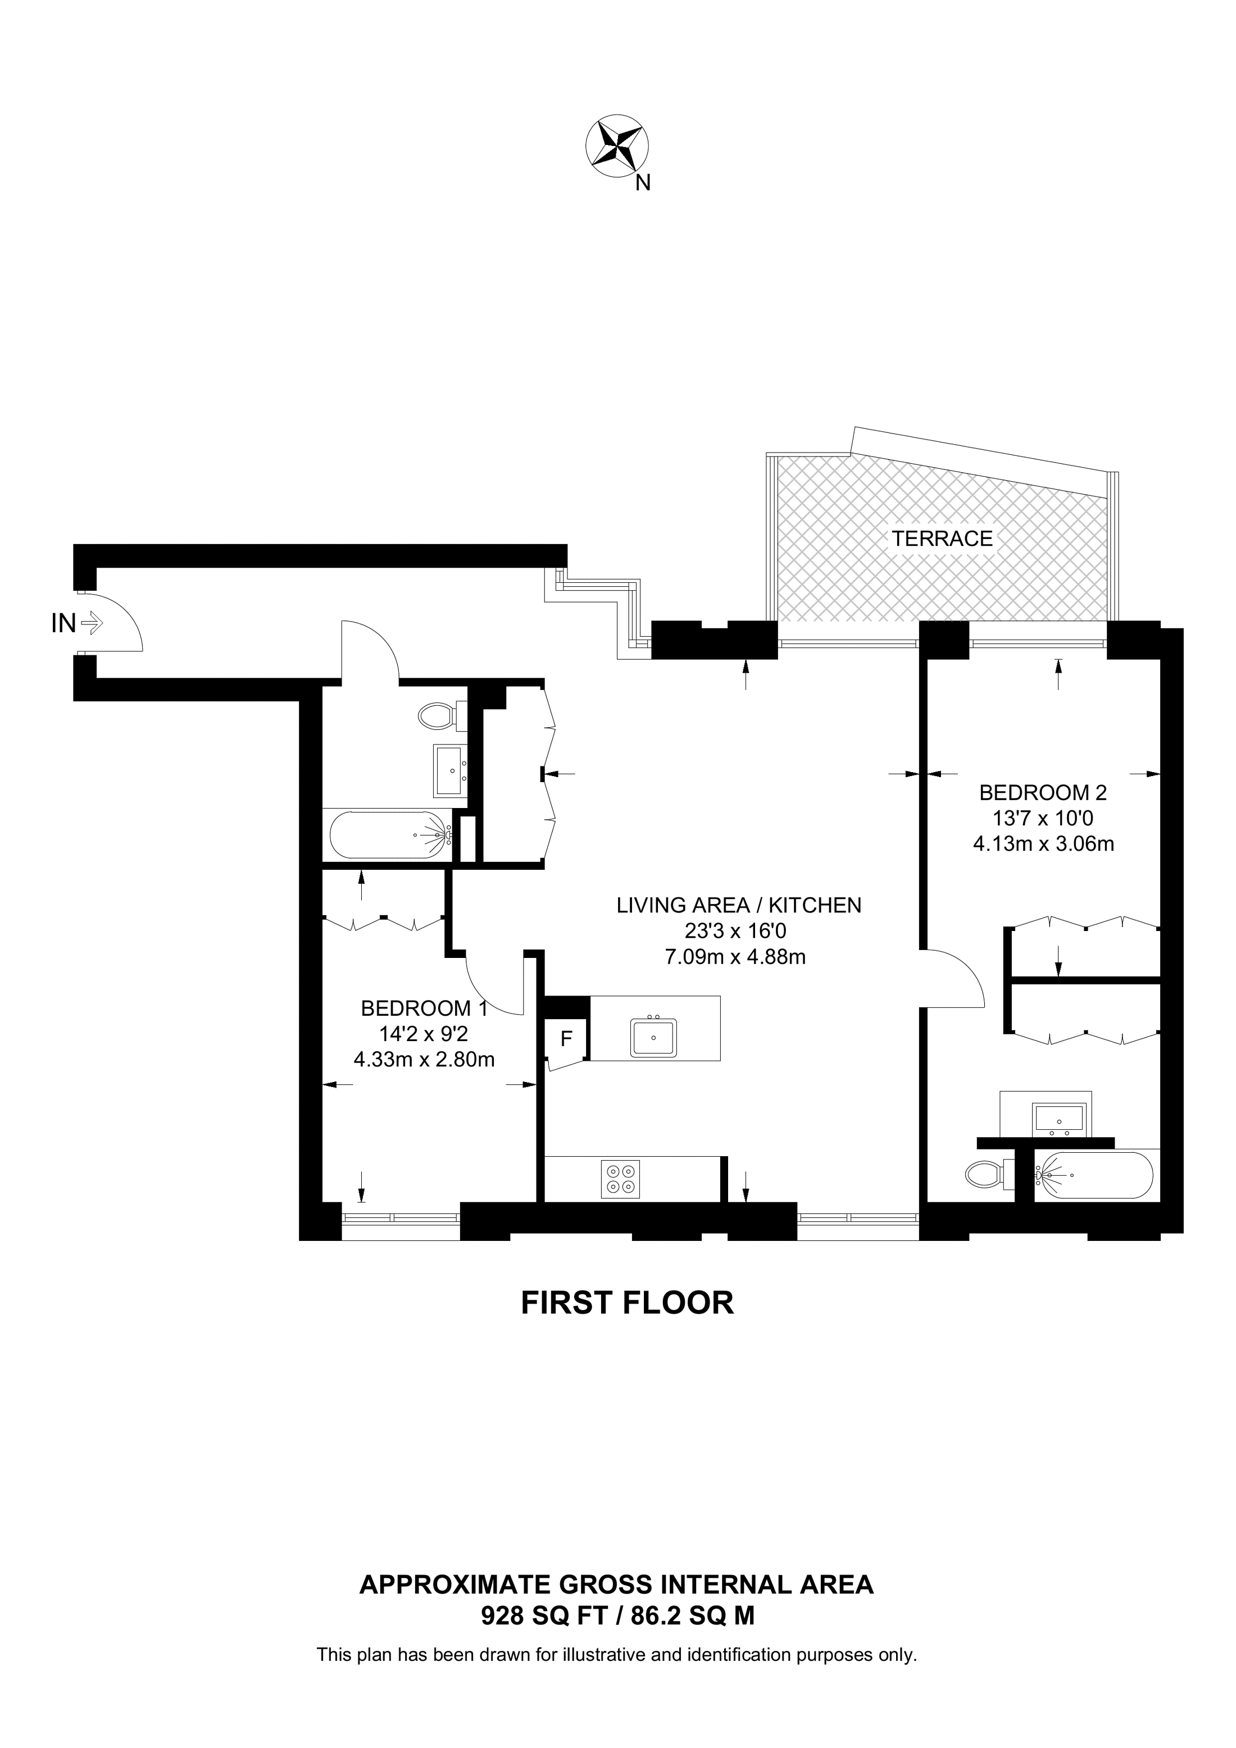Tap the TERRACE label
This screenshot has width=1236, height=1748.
942,538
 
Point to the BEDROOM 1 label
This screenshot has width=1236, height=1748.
424,1008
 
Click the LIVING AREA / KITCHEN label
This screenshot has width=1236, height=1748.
739,905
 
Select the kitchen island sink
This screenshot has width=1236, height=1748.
653,1038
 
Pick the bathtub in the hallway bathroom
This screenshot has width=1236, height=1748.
390,835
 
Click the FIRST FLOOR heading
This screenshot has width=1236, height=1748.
627,1303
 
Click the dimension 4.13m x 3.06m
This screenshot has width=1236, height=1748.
1043,843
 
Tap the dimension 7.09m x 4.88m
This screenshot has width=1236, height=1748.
735,956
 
